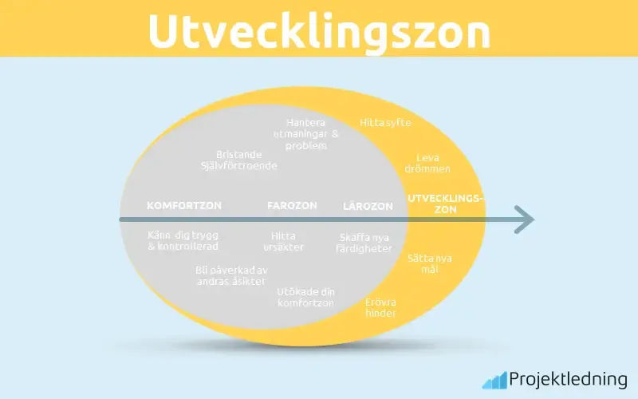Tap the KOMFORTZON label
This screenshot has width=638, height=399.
tap(184, 206)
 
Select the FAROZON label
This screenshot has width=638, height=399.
tap(292, 206)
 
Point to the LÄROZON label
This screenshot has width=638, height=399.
tap(368, 206)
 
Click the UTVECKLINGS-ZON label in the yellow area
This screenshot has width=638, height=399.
tap(446, 203)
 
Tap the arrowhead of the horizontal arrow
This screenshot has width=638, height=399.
tap(524, 219)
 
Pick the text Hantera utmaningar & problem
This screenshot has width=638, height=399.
tap(306, 134)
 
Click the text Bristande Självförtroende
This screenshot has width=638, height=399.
tap(239, 160)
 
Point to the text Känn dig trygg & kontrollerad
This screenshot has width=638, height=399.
tap(183, 241)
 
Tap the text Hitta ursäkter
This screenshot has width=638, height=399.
tap(283, 241)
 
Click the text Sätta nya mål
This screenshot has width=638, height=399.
tap(430, 264)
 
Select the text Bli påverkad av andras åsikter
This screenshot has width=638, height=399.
tap(230, 275)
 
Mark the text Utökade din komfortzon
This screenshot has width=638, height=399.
tap(305, 297)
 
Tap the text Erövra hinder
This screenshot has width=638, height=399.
tap(381, 307)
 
